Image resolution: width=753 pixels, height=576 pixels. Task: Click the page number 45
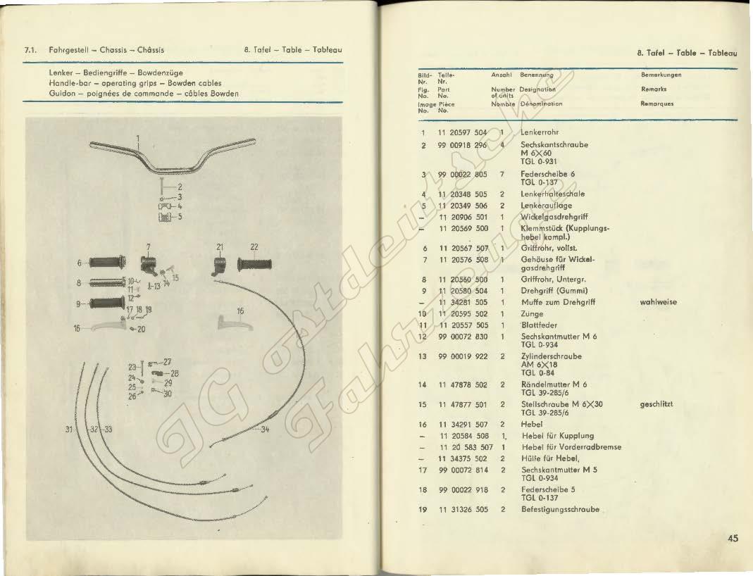[733, 539]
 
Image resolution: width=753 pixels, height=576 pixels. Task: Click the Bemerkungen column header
[661, 75]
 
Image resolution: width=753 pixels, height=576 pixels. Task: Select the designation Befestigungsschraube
[560, 509]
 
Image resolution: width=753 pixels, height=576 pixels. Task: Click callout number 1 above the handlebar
[138, 137]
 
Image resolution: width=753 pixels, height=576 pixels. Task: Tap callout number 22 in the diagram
[254, 246]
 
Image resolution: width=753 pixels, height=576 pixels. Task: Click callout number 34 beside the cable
[265, 430]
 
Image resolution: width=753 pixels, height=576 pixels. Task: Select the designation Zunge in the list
[532, 314]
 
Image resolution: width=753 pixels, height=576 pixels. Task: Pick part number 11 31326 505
[463, 509]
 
